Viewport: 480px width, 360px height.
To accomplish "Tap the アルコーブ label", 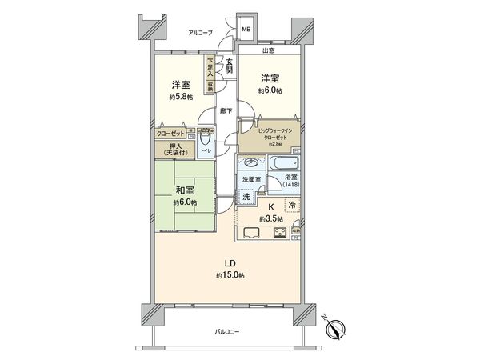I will pos(200,33).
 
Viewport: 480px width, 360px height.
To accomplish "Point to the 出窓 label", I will pos(270,50).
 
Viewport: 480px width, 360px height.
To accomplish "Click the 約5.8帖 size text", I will pos(182,96).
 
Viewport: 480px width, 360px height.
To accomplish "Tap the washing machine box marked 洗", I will pos(246,197).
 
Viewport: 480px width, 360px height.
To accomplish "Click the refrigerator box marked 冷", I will pos(293,206).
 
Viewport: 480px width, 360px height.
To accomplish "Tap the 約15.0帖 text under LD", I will pos(229,275).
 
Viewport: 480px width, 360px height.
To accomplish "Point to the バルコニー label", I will pos(229,331).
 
